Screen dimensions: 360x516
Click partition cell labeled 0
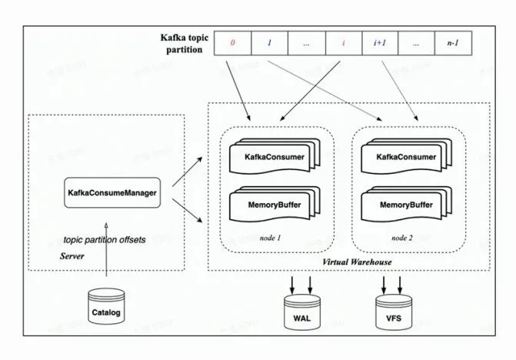click(x=232, y=44)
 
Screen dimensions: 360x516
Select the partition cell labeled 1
click(x=269, y=44)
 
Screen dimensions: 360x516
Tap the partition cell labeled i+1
click(x=380, y=44)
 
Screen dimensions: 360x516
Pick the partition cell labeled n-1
click(x=453, y=44)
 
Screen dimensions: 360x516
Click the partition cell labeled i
click(x=343, y=44)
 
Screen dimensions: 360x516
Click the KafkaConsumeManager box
click(x=112, y=192)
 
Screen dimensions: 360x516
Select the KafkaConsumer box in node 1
click(x=273, y=158)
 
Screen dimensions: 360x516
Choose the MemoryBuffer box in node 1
click(x=273, y=206)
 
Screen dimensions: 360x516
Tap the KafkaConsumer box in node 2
click(x=404, y=158)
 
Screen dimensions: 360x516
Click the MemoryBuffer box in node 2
click(x=404, y=206)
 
